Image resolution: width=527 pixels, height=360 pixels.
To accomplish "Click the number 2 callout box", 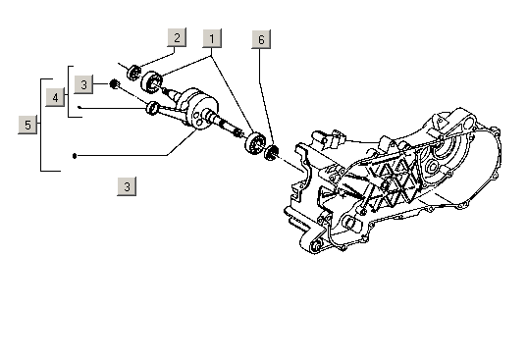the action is pos(177,37).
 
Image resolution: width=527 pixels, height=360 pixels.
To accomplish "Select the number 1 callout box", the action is pos(212,38).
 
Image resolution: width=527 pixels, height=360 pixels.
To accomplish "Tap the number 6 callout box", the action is pos(261,39).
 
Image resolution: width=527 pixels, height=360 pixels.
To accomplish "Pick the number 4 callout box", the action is pos(55,97).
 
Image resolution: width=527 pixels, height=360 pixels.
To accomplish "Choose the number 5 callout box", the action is pos(27,125).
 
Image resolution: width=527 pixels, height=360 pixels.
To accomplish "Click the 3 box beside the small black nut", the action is pos(83,84).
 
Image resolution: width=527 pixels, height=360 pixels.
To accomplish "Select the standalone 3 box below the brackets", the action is pos(127,186).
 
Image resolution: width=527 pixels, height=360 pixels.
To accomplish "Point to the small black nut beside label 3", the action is pos(114,83).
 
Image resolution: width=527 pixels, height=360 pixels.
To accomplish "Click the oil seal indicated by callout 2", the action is pos(134,73).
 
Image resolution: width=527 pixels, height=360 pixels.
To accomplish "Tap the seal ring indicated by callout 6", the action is pos(271,152).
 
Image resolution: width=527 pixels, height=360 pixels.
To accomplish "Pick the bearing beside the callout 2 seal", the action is pos(152,82).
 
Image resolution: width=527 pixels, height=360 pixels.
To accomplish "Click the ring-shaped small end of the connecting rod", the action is pos(152,108).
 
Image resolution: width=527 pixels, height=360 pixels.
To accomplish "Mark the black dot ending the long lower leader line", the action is pos(75,156).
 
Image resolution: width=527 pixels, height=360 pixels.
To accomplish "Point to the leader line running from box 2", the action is pos(158,58).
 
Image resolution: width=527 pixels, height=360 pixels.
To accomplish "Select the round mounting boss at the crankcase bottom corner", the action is pos(316,247).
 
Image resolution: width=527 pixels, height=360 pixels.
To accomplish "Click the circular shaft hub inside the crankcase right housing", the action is pos(433,166).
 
